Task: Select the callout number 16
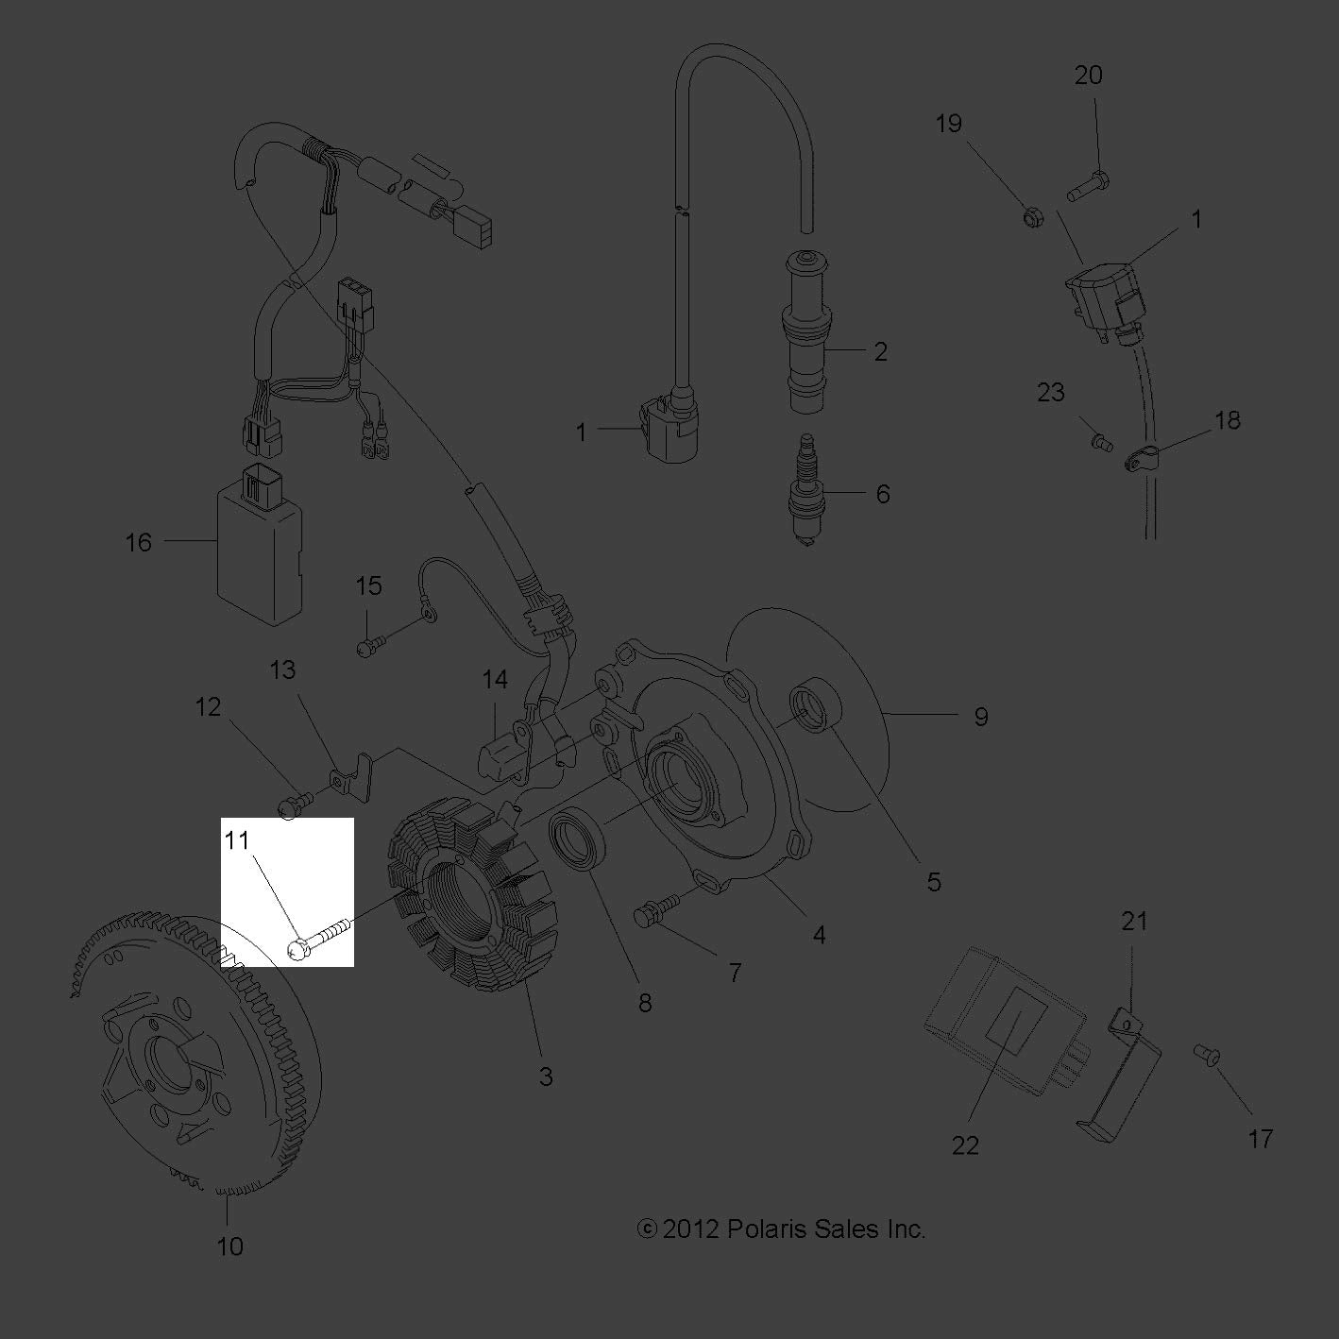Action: click(139, 542)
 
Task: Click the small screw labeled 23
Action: click(1101, 440)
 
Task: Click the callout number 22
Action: click(965, 1144)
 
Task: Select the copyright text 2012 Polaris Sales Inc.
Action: click(782, 1229)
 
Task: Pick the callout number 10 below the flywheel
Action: click(229, 1246)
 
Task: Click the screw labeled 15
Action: click(369, 647)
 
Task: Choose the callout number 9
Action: click(980, 717)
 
